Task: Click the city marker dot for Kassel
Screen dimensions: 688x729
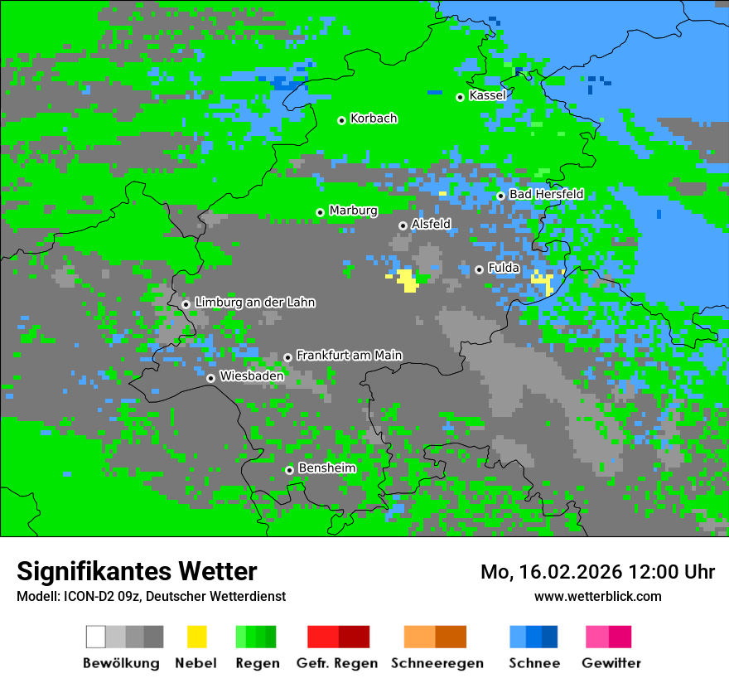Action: (x=460, y=97)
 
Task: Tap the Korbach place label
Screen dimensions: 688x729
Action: (x=374, y=119)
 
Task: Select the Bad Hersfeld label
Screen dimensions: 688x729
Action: (x=546, y=194)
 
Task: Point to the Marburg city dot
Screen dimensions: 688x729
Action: (x=320, y=212)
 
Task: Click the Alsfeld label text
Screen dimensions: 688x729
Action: (x=431, y=224)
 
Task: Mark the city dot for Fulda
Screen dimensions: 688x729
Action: (x=479, y=269)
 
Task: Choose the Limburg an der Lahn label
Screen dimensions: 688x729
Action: (x=254, y=303)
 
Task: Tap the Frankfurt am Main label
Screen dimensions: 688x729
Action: (x=349, y=356)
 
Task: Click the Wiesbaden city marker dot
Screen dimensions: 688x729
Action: (x=210, y=378)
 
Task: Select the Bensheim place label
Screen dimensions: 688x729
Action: (x=326, y=468)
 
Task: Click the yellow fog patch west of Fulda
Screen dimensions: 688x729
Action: (x=406, y=279)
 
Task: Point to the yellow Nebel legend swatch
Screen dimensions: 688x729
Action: (x=196, y=637)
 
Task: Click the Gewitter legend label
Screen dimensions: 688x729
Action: (x=611, y=663)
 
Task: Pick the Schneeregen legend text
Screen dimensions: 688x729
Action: (x=437, y=663)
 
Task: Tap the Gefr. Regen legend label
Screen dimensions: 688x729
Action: (x=337, y=663)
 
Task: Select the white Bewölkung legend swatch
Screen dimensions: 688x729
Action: (x=96, y=637)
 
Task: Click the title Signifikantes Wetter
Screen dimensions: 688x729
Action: (x=137, y=571)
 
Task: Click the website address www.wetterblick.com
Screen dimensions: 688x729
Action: (x=597, y=596)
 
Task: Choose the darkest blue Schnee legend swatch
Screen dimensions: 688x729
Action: (x=550, y=637)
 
